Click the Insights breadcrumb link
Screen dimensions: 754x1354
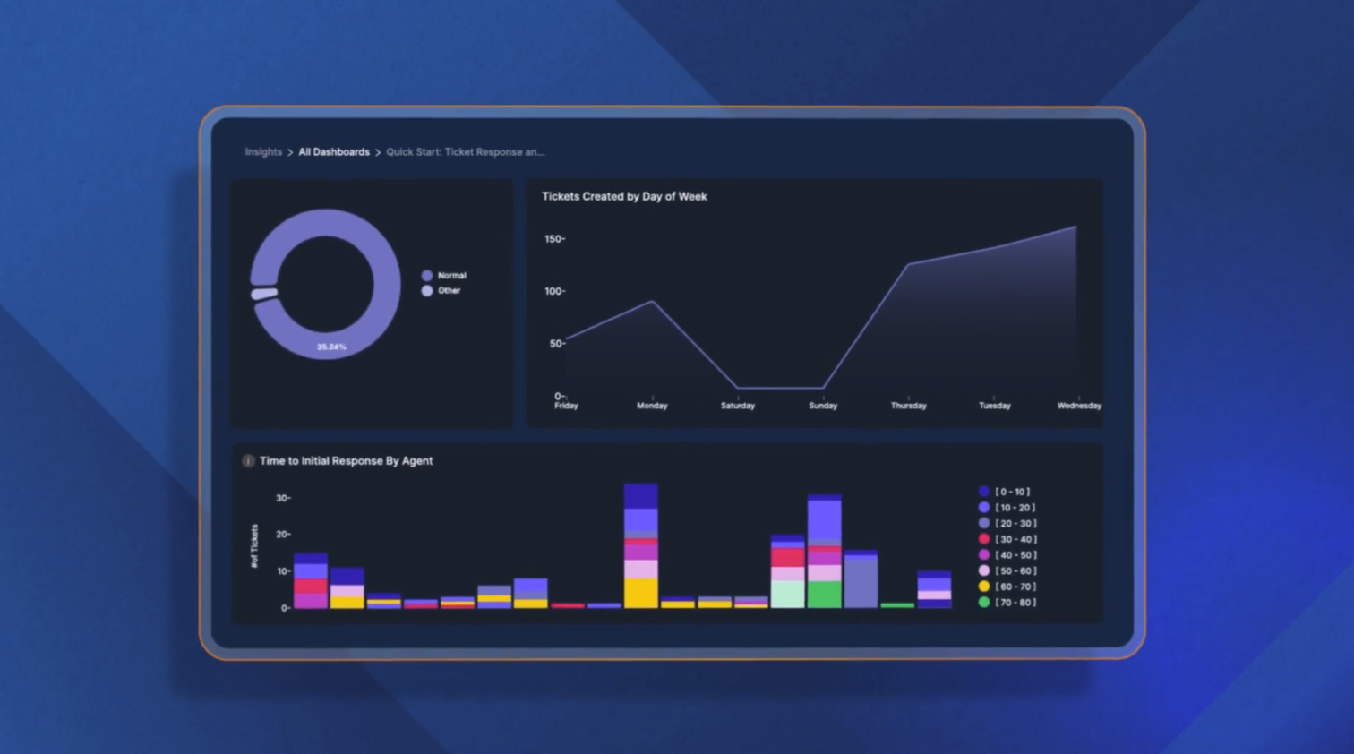(x=263, y=152)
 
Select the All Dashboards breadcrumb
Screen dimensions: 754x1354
(x=334, y=152)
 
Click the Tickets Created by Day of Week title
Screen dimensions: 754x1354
(x=624, y=197)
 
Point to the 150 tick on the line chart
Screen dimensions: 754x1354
(x=554, y=239)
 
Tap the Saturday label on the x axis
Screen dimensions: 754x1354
(x=738, y=406)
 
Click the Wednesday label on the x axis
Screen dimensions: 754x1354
(x=1079, y=406)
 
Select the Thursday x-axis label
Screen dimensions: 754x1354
(x=908, y=406)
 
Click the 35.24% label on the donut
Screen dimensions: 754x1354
(x=331, y=347)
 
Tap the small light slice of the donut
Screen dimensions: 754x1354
(x=264, y=293)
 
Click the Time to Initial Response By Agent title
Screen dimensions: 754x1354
(x=346, y=461)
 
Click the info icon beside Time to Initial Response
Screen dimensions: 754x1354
(x=248, y=461)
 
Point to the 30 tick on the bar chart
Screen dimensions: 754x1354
(x=282, y=498)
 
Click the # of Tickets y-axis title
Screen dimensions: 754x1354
(x=254, y=546)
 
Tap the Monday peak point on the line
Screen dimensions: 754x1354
(x=652, y=302)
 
